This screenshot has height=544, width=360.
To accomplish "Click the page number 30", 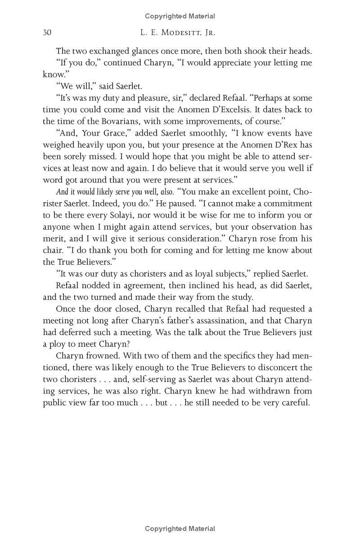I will tap(47, 32).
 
